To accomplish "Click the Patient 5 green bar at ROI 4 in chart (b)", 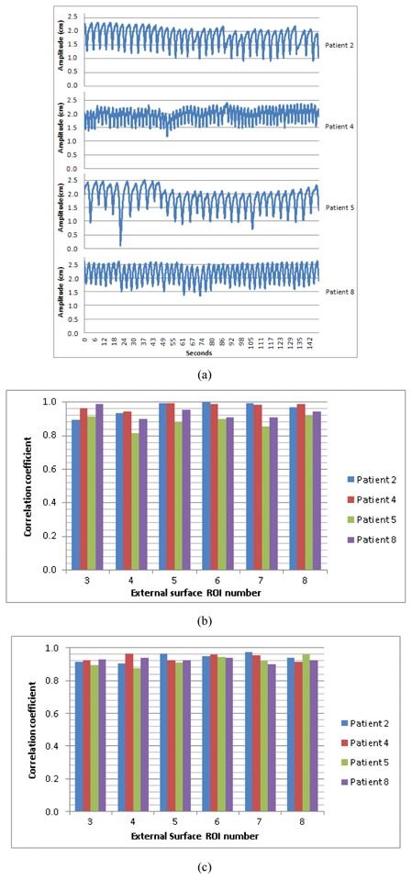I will [x=136, y=501].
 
